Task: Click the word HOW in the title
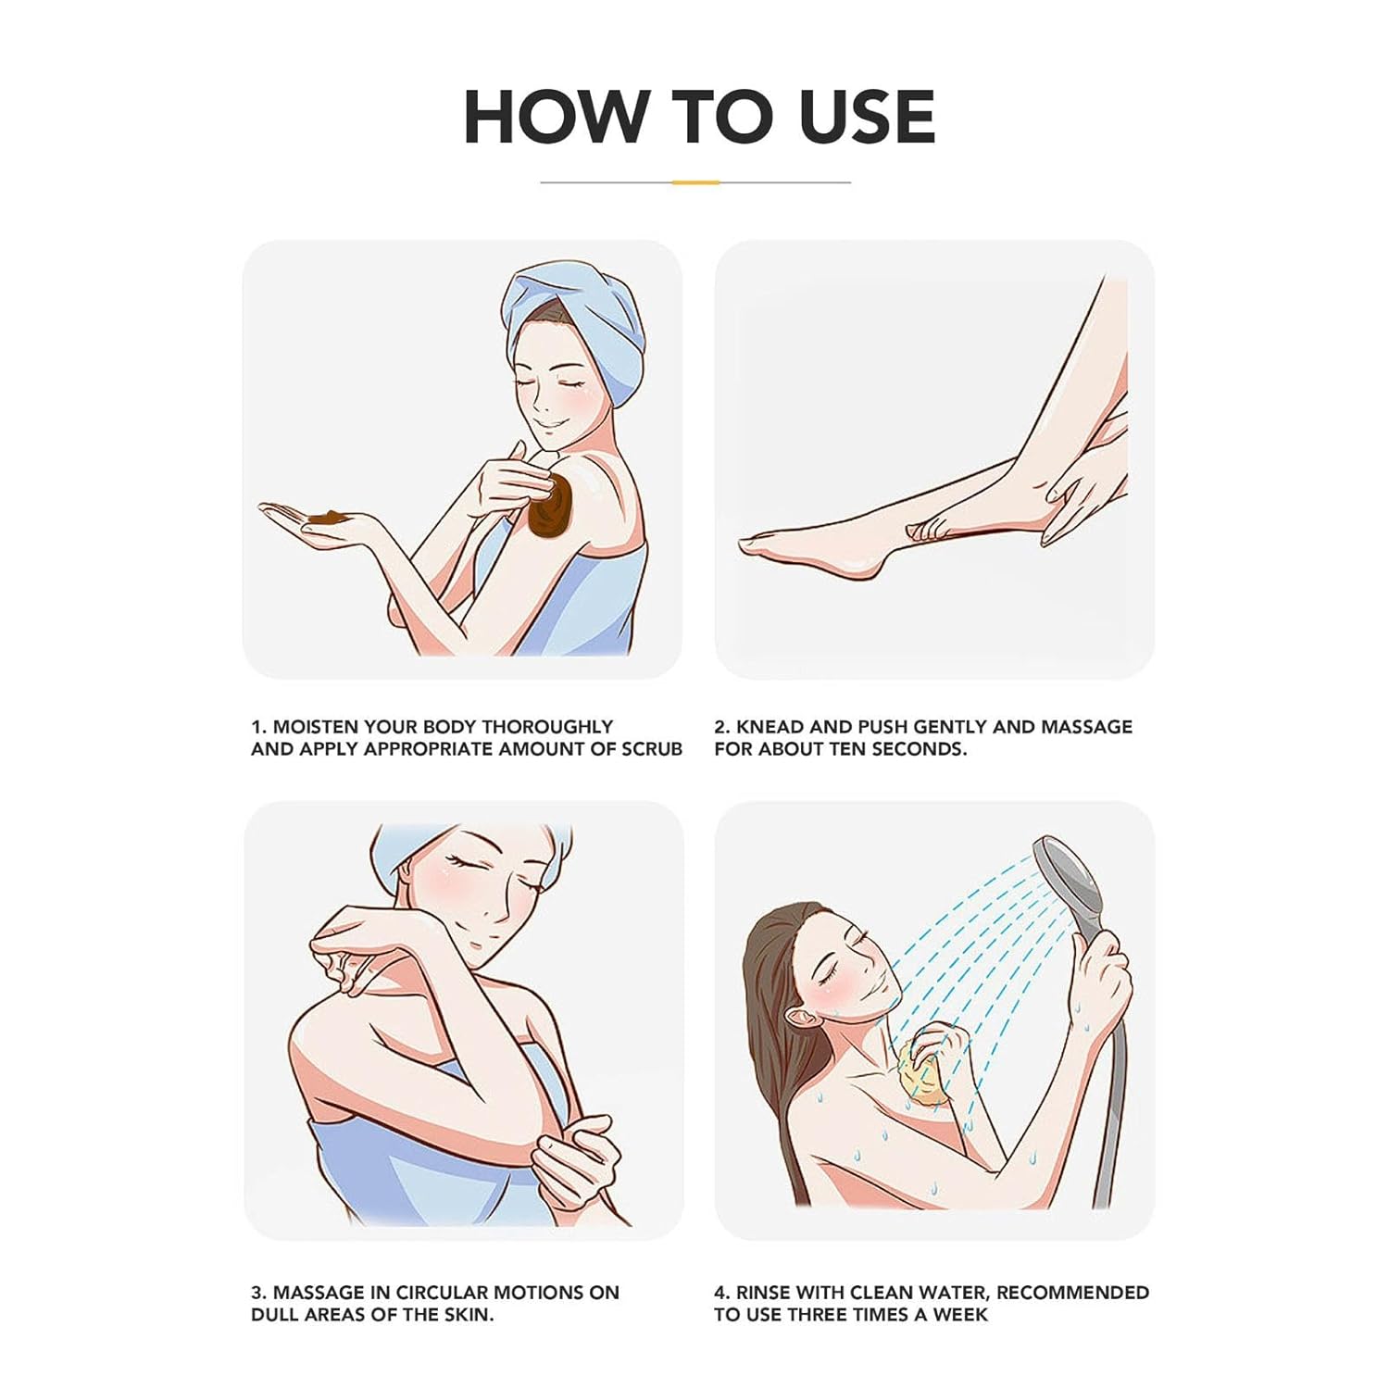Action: (x=554, y=117)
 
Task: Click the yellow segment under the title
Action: (x=695, y=182)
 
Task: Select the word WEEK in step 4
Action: (x=962, y=1315)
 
